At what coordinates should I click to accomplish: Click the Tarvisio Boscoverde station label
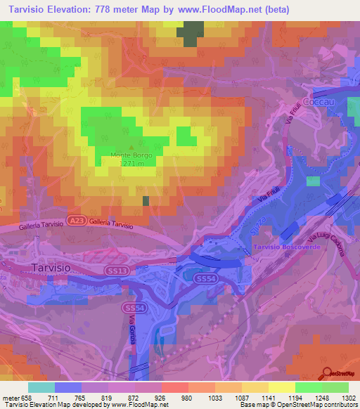pos(285,248)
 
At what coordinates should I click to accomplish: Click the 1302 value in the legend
pos(348,398)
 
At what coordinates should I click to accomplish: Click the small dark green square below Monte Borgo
pos(146,201)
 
